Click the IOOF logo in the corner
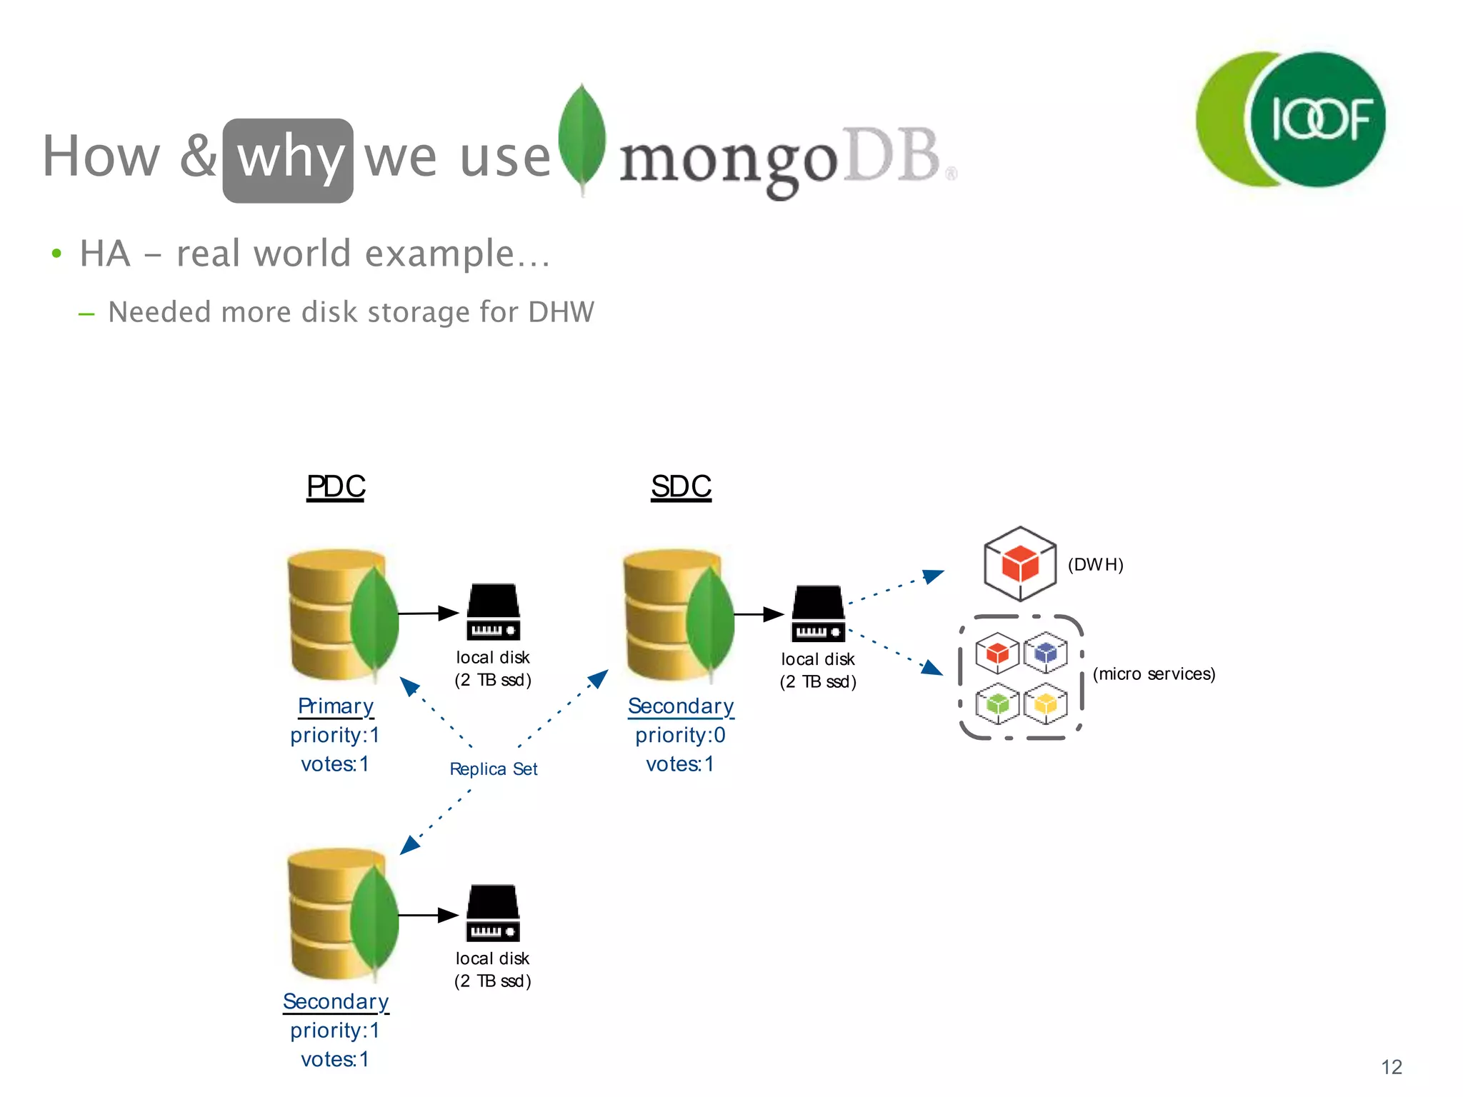click(x=1292, y=119)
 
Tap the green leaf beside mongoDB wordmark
click(x=582, y=139)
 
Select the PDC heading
click(x=336, y=487)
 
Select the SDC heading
click(x=681, y=487)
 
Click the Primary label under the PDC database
click(x=336, y=706)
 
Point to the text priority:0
click(x=680, y=735)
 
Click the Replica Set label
click(x=493, y=769)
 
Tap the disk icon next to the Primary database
click(x=493, y=612)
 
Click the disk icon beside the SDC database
click(x=818, y=613)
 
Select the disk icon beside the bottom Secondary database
click(x=493, y=913)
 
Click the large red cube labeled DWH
click(x=1019, y=564)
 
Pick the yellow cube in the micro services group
click(x=1046, y=703)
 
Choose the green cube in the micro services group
click(x=997, y=703)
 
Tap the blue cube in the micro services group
click(x=1046, y=652)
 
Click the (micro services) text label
click(x=1154, y=674)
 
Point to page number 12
click(x=1391, y=1067)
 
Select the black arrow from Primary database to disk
click(x=427, y=613)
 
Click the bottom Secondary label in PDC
click(x=336, y=1002)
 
